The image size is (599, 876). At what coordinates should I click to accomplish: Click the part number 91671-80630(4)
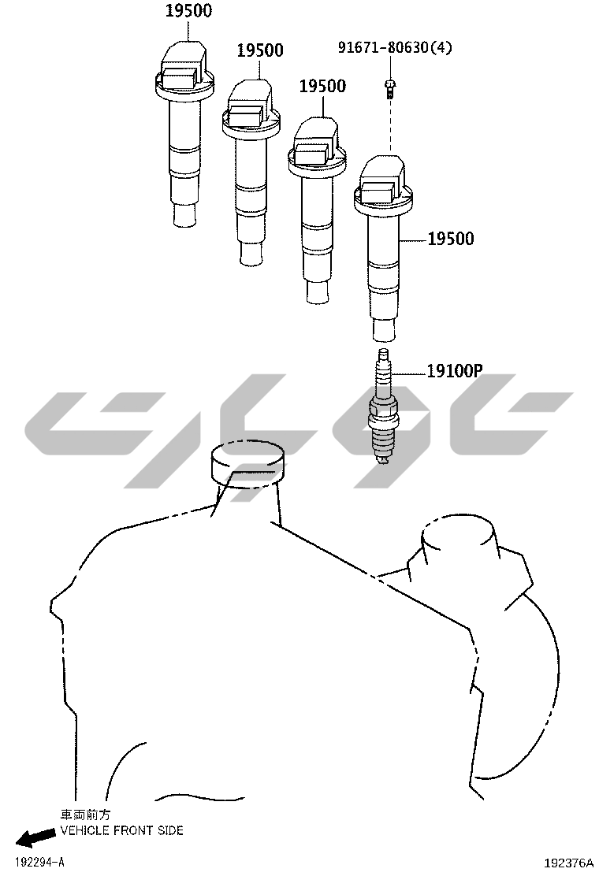(x=395, y=47)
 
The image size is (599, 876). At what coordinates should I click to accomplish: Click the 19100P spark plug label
(x=455, y=370)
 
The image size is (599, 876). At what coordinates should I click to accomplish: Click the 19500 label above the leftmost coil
(x=188, y=10)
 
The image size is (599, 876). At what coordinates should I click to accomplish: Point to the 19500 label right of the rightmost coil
(x=450, y=239)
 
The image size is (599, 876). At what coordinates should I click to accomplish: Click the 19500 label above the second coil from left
(x=260, y=50)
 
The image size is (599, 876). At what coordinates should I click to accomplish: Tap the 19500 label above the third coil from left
(x=322, y=86)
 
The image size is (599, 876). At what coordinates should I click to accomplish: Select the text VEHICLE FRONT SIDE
(x=122, y=831)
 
